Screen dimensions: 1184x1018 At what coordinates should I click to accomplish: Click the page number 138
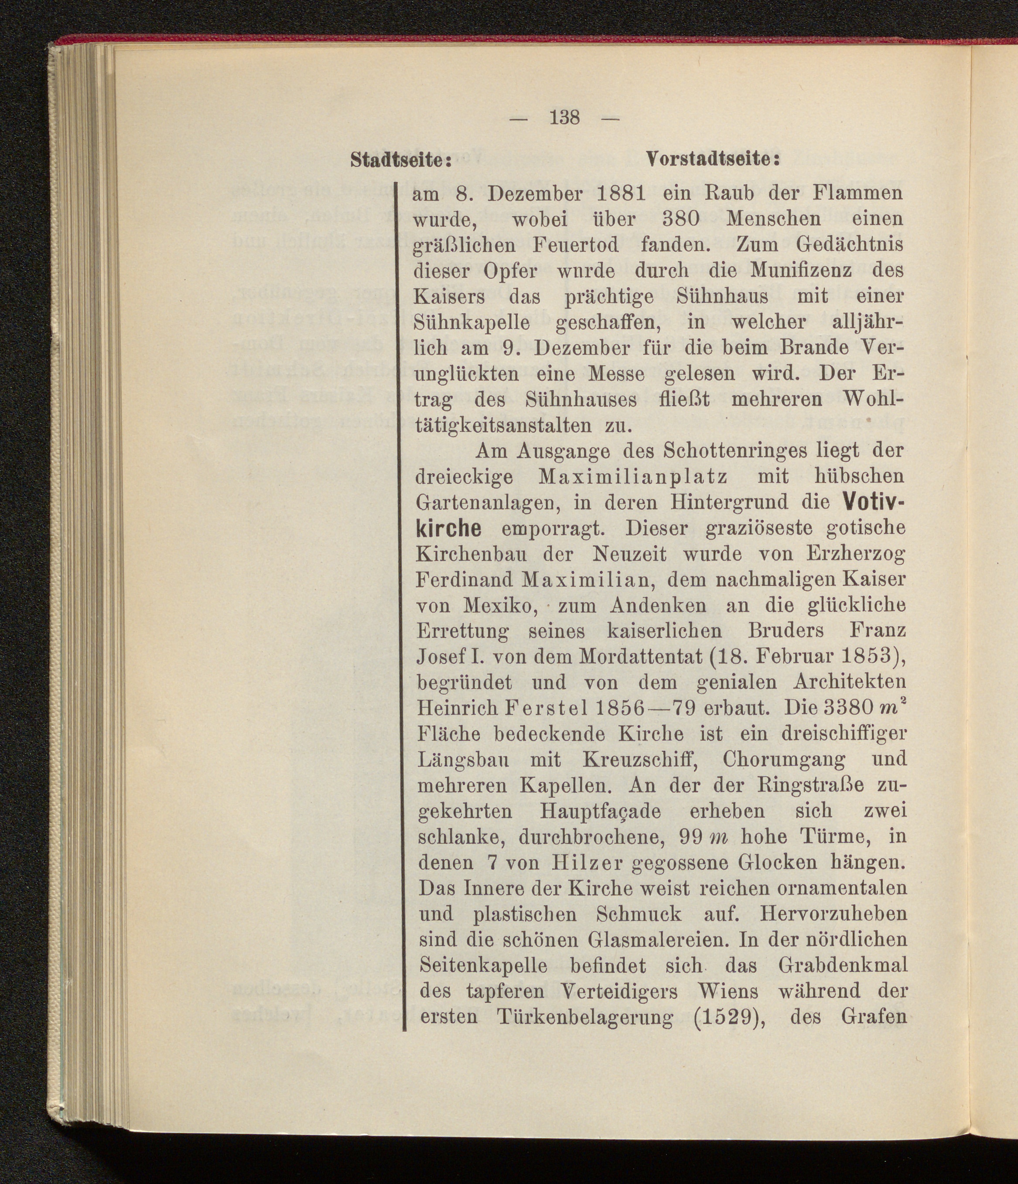pos(564,118)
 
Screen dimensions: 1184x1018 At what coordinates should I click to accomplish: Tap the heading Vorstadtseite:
pos(713,159)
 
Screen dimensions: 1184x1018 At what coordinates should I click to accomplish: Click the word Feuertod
pos(575,245)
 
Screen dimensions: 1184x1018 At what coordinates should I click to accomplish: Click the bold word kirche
pos(449,529)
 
